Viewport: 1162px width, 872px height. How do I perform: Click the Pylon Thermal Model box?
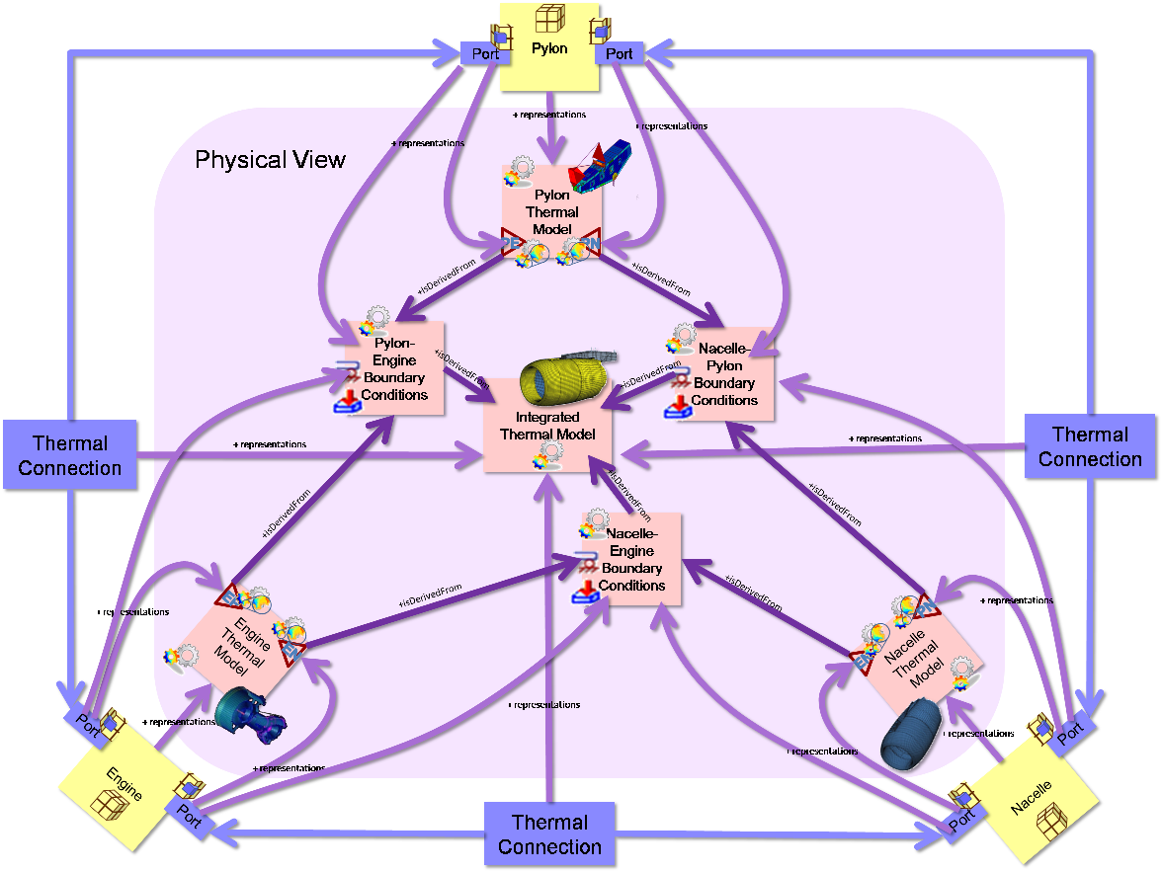click(551, 211)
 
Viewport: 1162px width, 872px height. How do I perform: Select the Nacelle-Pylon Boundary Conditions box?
click(724, 374)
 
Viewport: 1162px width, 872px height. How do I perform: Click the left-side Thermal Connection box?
click(69, 455)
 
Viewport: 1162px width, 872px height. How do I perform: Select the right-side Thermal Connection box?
click(1089, 446)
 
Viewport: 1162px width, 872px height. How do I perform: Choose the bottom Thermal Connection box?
click(549, 833)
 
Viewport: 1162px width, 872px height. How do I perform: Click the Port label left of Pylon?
click(485, 53)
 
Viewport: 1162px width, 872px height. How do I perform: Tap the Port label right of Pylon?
click(620, 53)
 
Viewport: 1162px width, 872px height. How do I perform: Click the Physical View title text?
click(270, 160)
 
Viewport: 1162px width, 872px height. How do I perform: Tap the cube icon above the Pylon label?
click(549, 19)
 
